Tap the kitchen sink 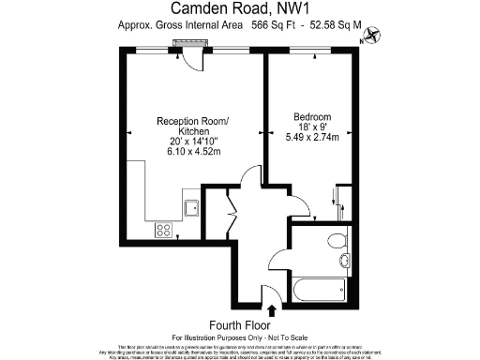pyautogui.click(x=191, y=208)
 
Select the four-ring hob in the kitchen pyautogui.click(x=163, y=228)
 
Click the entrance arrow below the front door pyautogui.click(x=272, y=309)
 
